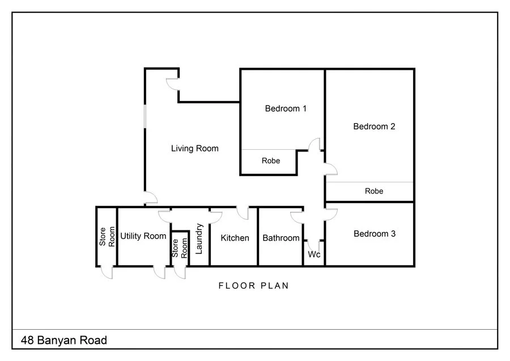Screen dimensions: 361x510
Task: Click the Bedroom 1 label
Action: click(x=286, y=108)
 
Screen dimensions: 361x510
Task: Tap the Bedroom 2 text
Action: click(x=374, y=127)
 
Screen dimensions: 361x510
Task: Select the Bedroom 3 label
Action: click(x=374, y=233)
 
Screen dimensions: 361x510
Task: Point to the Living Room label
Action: click(x=195, y=149)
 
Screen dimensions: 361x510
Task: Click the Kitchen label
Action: click(x=235, y=238)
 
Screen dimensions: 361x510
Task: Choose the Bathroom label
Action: click(x=280, y=238)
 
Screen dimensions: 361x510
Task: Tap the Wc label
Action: click(x=314, y=255)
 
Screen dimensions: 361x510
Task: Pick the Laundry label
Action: click(x=199, y=238)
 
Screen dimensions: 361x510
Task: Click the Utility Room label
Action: click(x=143, y=236)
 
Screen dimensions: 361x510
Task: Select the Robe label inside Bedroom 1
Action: click(x=271, y=161)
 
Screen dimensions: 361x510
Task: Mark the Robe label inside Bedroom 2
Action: click(x=374, y=191)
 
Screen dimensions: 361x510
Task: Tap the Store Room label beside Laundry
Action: click(x=180, y=248)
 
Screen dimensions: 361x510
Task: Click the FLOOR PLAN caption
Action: click(x=254, y=286)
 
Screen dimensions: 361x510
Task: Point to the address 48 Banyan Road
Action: click(x=64, y=341)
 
